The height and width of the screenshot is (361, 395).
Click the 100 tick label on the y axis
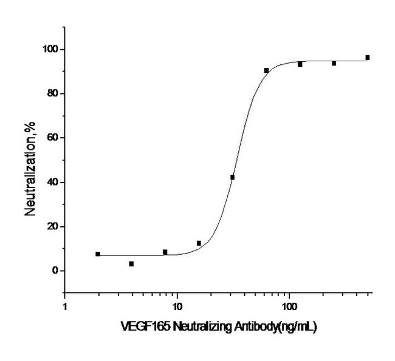tap(50, 49)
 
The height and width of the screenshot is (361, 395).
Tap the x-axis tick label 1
tap(65, 307)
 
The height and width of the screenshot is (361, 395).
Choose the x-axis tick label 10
tap(177, 307)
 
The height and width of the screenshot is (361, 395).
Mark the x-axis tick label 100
tap(289, 307)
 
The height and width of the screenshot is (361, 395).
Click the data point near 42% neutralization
tap(232, 177)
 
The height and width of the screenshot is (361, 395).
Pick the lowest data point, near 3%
tap(131, 264)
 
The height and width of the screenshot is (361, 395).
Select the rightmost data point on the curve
tap(368, 58)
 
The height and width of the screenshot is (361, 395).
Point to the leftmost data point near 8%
tap(98, 254)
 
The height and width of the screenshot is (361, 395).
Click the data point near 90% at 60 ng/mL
tap(266, 70)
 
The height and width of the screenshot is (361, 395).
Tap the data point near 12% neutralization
tap(199, 243)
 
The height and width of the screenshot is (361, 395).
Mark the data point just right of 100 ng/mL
tap(300, 64)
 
